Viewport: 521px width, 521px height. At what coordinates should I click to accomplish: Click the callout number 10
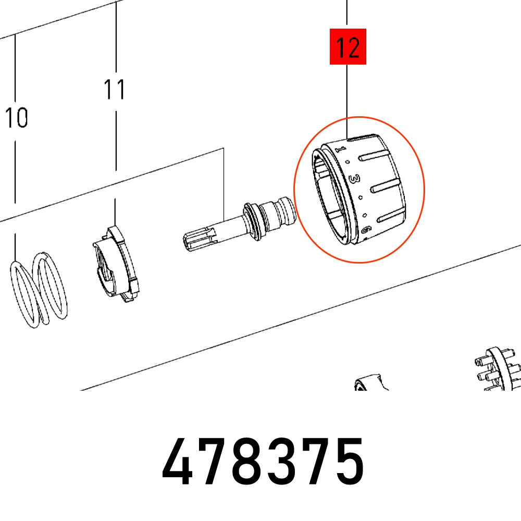click(16, 118)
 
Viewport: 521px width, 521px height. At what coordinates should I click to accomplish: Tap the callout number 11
click(114, 90)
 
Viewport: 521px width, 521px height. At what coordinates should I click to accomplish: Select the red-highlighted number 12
click(348, 48)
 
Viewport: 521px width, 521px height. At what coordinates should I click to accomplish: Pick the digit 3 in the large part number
click(281, 462)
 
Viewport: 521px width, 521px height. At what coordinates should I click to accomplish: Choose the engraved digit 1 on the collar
click(341, 149)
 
